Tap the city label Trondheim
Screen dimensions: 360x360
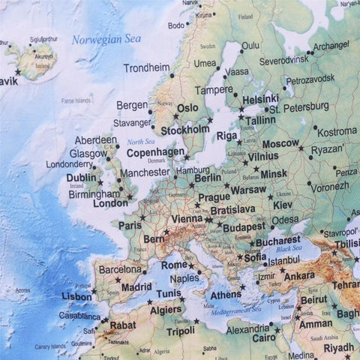(x=147, y=67)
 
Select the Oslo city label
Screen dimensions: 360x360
(x=187, y=108)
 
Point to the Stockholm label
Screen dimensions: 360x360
(x=185, y=130)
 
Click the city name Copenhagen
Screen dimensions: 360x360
(x=155, y=151)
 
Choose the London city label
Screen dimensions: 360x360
(x=110, y=202)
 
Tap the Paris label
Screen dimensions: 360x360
(x=130, y=224)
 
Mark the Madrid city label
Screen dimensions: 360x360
(x=136, y=286)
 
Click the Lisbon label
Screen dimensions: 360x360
(x=76, y=296)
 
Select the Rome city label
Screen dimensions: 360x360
(x=174, y=265)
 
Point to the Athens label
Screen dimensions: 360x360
(x=226, y=295)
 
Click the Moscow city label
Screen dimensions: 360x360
(x=280, y=143)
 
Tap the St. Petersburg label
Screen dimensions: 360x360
(x=299, y=108)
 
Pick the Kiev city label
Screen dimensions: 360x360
(x=283, y=205)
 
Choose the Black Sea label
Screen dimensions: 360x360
(x=289, y=249)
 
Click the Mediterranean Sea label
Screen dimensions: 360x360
(x=235, y=308)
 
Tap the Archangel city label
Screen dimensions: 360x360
(x=331, y=46)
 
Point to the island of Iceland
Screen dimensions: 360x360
(x=34, y=60)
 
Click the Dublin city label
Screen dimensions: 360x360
(x=81, y=178)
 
